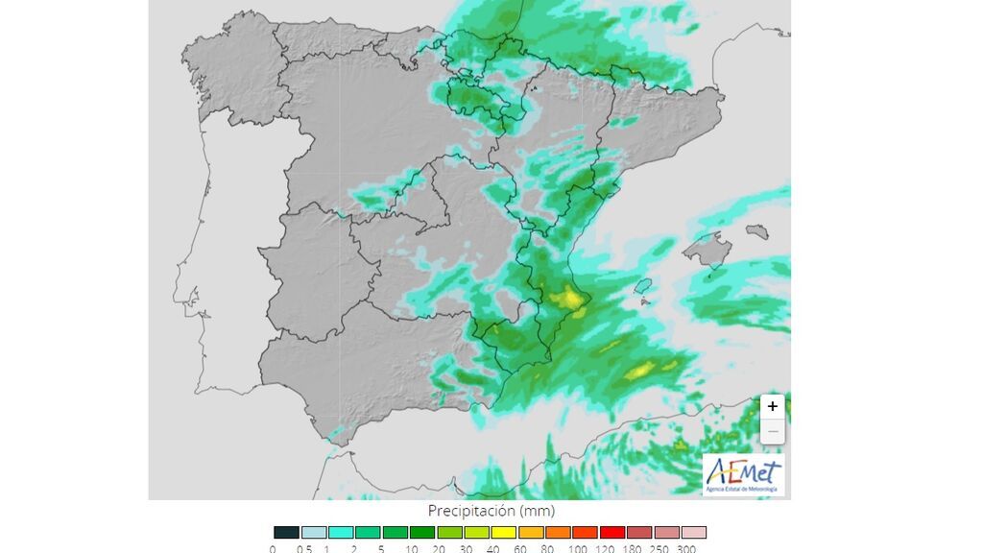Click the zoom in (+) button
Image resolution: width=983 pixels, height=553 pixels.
coord(773,406)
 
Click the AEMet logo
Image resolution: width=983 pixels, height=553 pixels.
coord(743,474)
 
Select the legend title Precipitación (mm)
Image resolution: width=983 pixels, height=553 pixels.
coord(491,511)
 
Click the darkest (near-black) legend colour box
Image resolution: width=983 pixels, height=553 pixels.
coord(286,532)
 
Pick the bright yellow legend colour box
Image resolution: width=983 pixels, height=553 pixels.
coord(504,532)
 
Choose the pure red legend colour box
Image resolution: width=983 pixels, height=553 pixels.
coord(612,532)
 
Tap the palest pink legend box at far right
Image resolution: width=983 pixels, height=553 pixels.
coord(694,532)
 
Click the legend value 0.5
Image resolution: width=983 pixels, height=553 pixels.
coord(303,547)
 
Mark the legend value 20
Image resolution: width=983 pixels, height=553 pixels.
coord(440,547)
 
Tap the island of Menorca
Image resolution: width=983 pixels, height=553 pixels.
coord(757,231)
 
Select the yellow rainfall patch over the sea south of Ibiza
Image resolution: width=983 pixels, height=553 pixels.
coord(640,371)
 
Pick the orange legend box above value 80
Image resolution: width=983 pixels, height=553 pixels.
coord(559,532)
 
